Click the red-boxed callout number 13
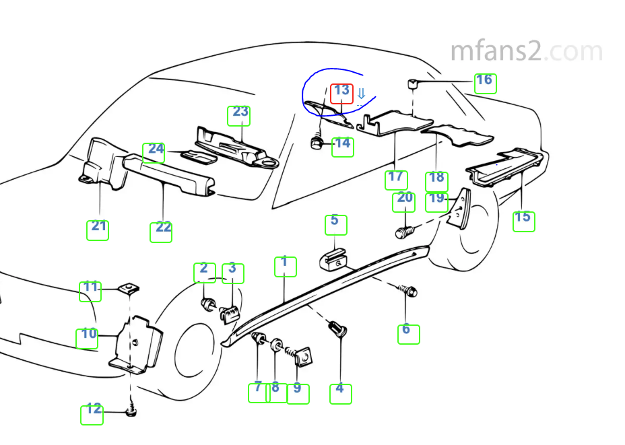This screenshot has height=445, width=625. (x=341, y=94)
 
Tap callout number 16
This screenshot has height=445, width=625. (x=485, y=83)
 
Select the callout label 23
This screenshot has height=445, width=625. (x=239, y=116)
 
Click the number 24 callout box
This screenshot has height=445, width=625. (x=154, y=153)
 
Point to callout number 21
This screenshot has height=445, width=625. (x=98, y=230)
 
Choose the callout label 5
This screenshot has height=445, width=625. (x=336, y=225)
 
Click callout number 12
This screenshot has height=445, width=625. (x=92, y=415)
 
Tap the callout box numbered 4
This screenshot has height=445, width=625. (x=341, y=394)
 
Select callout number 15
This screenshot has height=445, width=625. (x=524, y=221)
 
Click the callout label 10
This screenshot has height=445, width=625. (x=88, y=339)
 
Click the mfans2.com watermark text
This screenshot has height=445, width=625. (x=526, y=51)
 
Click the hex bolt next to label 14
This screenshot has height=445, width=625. (x=317, y=142)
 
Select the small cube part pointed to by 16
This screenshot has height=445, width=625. (x=413, y=84)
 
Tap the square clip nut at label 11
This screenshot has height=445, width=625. (x=129, y=288)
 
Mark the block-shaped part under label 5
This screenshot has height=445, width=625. (x=333, y=259)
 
